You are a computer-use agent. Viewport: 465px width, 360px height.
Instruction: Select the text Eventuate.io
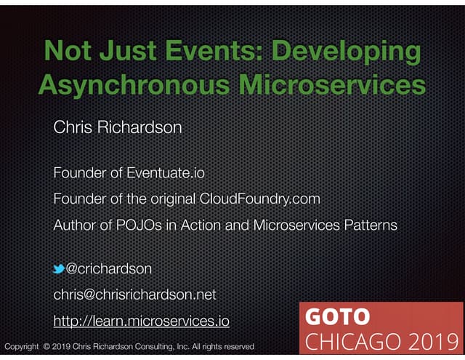pos(165,173)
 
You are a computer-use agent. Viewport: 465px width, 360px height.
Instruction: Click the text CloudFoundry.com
pos(259,199)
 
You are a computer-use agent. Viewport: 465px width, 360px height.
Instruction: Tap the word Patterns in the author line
pos(369,225)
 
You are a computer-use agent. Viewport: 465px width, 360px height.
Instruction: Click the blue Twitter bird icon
pos(59,270)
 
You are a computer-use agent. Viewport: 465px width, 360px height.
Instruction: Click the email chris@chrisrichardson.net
pos(134,295)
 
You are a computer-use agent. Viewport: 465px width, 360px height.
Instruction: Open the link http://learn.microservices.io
pos(142,320)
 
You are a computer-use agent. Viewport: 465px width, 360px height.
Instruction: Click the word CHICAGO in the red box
pos(352,341)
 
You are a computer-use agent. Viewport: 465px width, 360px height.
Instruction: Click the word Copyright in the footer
pos(22,347)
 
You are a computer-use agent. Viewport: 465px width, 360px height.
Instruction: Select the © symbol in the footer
pos(46,347)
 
